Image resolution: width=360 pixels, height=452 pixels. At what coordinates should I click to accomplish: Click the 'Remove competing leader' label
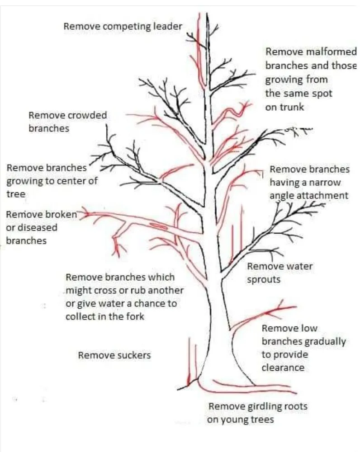[123, 26]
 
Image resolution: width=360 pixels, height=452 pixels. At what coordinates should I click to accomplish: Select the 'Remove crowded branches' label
[67, 122]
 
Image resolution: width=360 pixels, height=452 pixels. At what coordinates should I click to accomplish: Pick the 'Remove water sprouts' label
[279, 273]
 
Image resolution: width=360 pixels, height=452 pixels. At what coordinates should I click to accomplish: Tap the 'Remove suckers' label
[114, 355]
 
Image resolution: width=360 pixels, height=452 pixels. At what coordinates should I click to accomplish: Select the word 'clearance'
[283, 367]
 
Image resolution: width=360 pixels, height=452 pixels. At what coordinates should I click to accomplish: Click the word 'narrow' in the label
[326, 183]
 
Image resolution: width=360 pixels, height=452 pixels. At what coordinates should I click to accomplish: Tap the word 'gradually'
[325, 342]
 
